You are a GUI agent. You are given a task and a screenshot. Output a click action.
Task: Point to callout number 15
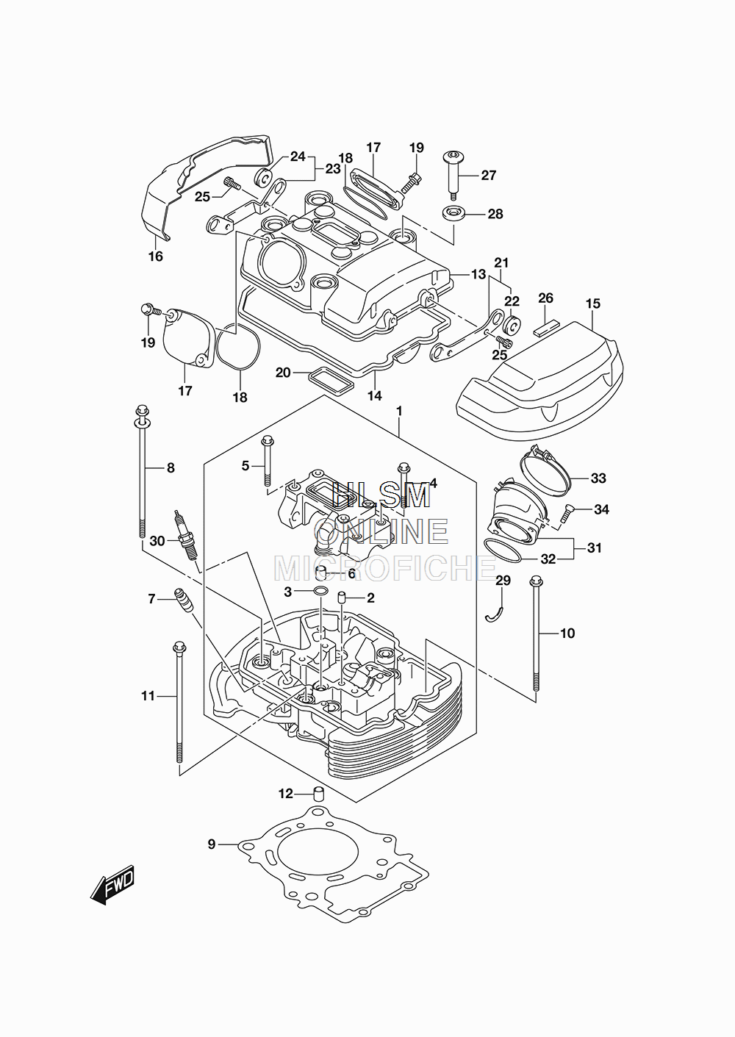pyautogui.click(x=593, y=304)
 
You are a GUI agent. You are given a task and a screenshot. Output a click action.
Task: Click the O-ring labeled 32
pyautogui.click(x=503, y=550)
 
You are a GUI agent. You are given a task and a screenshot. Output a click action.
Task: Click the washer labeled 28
pyautogui.click(x=454, y=214)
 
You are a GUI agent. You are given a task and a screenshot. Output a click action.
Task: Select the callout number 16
pyautogui.click(x=156, y=256)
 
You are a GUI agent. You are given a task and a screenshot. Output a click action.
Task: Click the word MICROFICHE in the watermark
pyautogui.click(x=385, y=568)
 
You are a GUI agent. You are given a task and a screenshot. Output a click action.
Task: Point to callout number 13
pyautogui.click(x=478, y=275)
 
